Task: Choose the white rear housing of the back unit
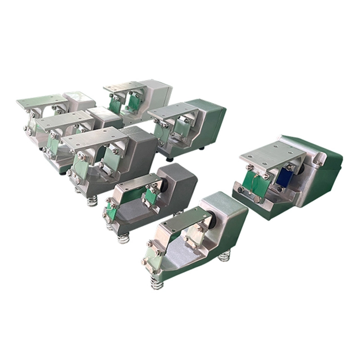click(157, 94)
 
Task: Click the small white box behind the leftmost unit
click(79, 101)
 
